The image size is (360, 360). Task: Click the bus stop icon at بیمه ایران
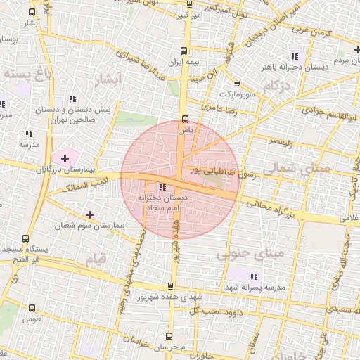[x=184, y=51]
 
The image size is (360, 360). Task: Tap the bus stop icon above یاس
[x=185, y=119]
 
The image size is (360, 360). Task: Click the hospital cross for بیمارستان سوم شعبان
[x=89, y=213]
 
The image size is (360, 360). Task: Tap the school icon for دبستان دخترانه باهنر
[x=295, y=56]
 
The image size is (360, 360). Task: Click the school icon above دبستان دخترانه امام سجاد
[x=163, y=187]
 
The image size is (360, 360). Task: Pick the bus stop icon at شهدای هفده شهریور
[x=169, y=286]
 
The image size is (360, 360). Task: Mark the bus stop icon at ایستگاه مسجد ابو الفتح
[x=26, y=238]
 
